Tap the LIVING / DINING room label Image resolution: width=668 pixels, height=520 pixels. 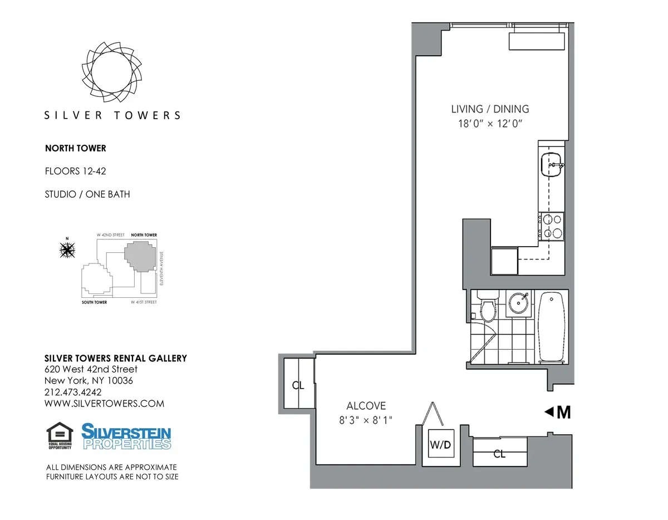[x=490, y=109]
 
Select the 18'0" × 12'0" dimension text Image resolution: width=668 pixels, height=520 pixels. [x=490, y=124]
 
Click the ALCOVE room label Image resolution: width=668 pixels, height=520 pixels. [x=366, y=406]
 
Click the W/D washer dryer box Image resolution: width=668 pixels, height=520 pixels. [x=440, y=447]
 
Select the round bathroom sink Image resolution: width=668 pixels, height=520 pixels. [x=519, y=303]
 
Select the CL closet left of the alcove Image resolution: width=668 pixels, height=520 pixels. [x=298, y=385]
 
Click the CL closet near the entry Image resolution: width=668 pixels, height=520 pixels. [x=499, y=453]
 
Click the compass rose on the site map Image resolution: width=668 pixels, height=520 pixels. [x=67, y=251]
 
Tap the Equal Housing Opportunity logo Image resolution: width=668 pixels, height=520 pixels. [x=60, y=436]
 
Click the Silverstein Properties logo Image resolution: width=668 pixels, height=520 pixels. [x=126, y=436]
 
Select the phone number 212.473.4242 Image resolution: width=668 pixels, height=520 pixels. [x=72, y=392]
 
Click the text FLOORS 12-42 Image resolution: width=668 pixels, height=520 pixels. [x=75, y=171]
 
